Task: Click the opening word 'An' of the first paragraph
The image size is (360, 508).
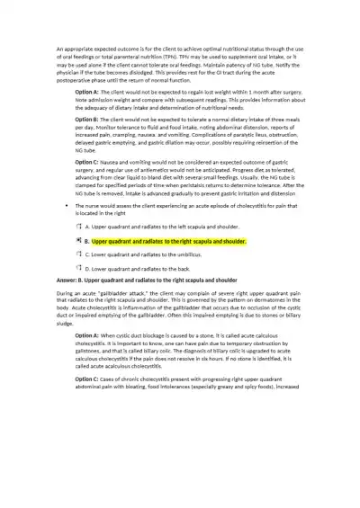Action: coord(59,46)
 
